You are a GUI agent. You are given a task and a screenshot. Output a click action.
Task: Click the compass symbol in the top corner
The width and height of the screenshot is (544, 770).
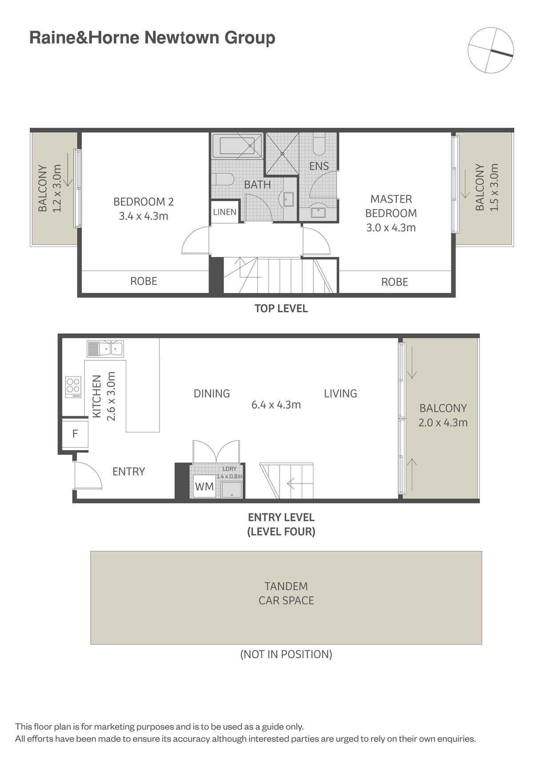coord(491,50)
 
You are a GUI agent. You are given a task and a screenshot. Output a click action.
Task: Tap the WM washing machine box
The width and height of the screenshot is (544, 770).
coord(204,486)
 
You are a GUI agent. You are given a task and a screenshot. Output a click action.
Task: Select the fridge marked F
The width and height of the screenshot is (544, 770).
coord(75,433)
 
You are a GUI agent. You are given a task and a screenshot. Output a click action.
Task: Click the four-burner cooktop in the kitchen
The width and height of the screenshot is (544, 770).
coord(73,387)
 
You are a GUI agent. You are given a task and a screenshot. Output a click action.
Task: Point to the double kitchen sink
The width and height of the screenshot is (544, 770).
coord(105,349)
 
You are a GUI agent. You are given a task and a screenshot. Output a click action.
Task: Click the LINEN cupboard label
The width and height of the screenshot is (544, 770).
coord(224,212)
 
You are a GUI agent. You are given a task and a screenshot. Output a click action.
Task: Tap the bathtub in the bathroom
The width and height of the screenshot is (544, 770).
coord(237,145)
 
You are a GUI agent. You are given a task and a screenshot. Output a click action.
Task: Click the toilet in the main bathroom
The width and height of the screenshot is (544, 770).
coord(222,179)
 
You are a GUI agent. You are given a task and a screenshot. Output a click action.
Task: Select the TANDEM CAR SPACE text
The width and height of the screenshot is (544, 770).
coord(286,593)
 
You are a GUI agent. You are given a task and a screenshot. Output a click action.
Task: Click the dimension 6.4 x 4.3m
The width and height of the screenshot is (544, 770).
coord(276,405)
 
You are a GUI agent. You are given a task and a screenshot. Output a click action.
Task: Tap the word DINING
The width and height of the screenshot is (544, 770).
coord(212,393)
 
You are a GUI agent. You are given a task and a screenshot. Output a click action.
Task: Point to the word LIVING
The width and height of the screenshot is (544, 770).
coord(340,393)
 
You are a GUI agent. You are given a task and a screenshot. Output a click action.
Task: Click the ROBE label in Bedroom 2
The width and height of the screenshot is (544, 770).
coord(144,281)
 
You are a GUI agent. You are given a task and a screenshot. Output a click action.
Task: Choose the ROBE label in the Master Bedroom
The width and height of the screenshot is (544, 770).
coord(395,282)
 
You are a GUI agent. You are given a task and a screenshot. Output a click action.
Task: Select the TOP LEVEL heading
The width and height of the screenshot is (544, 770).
coord(281,308)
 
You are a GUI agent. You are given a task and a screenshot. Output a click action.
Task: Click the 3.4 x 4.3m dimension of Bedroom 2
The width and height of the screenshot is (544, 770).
coord(144,217)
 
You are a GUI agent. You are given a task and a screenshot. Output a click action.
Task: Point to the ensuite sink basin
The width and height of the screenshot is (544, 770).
coord(318,212)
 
